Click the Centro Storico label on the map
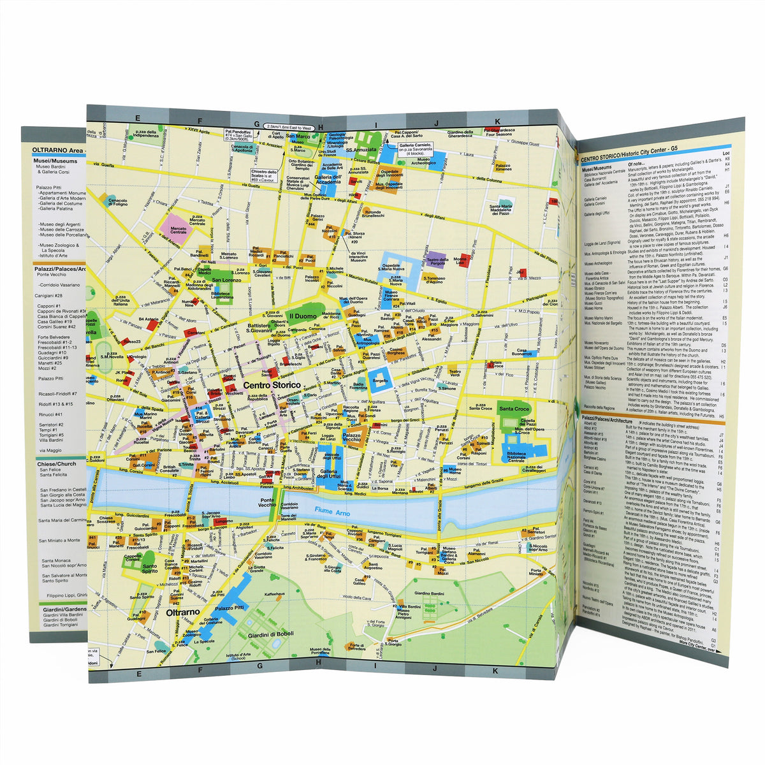pyautogui.click(x=272, y=386)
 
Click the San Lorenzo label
pyautogui.click(x=225, y=280)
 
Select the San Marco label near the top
pyautogui.click(x=298, y=137)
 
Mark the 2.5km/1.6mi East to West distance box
pyautogui.click(x=291, y=127)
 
